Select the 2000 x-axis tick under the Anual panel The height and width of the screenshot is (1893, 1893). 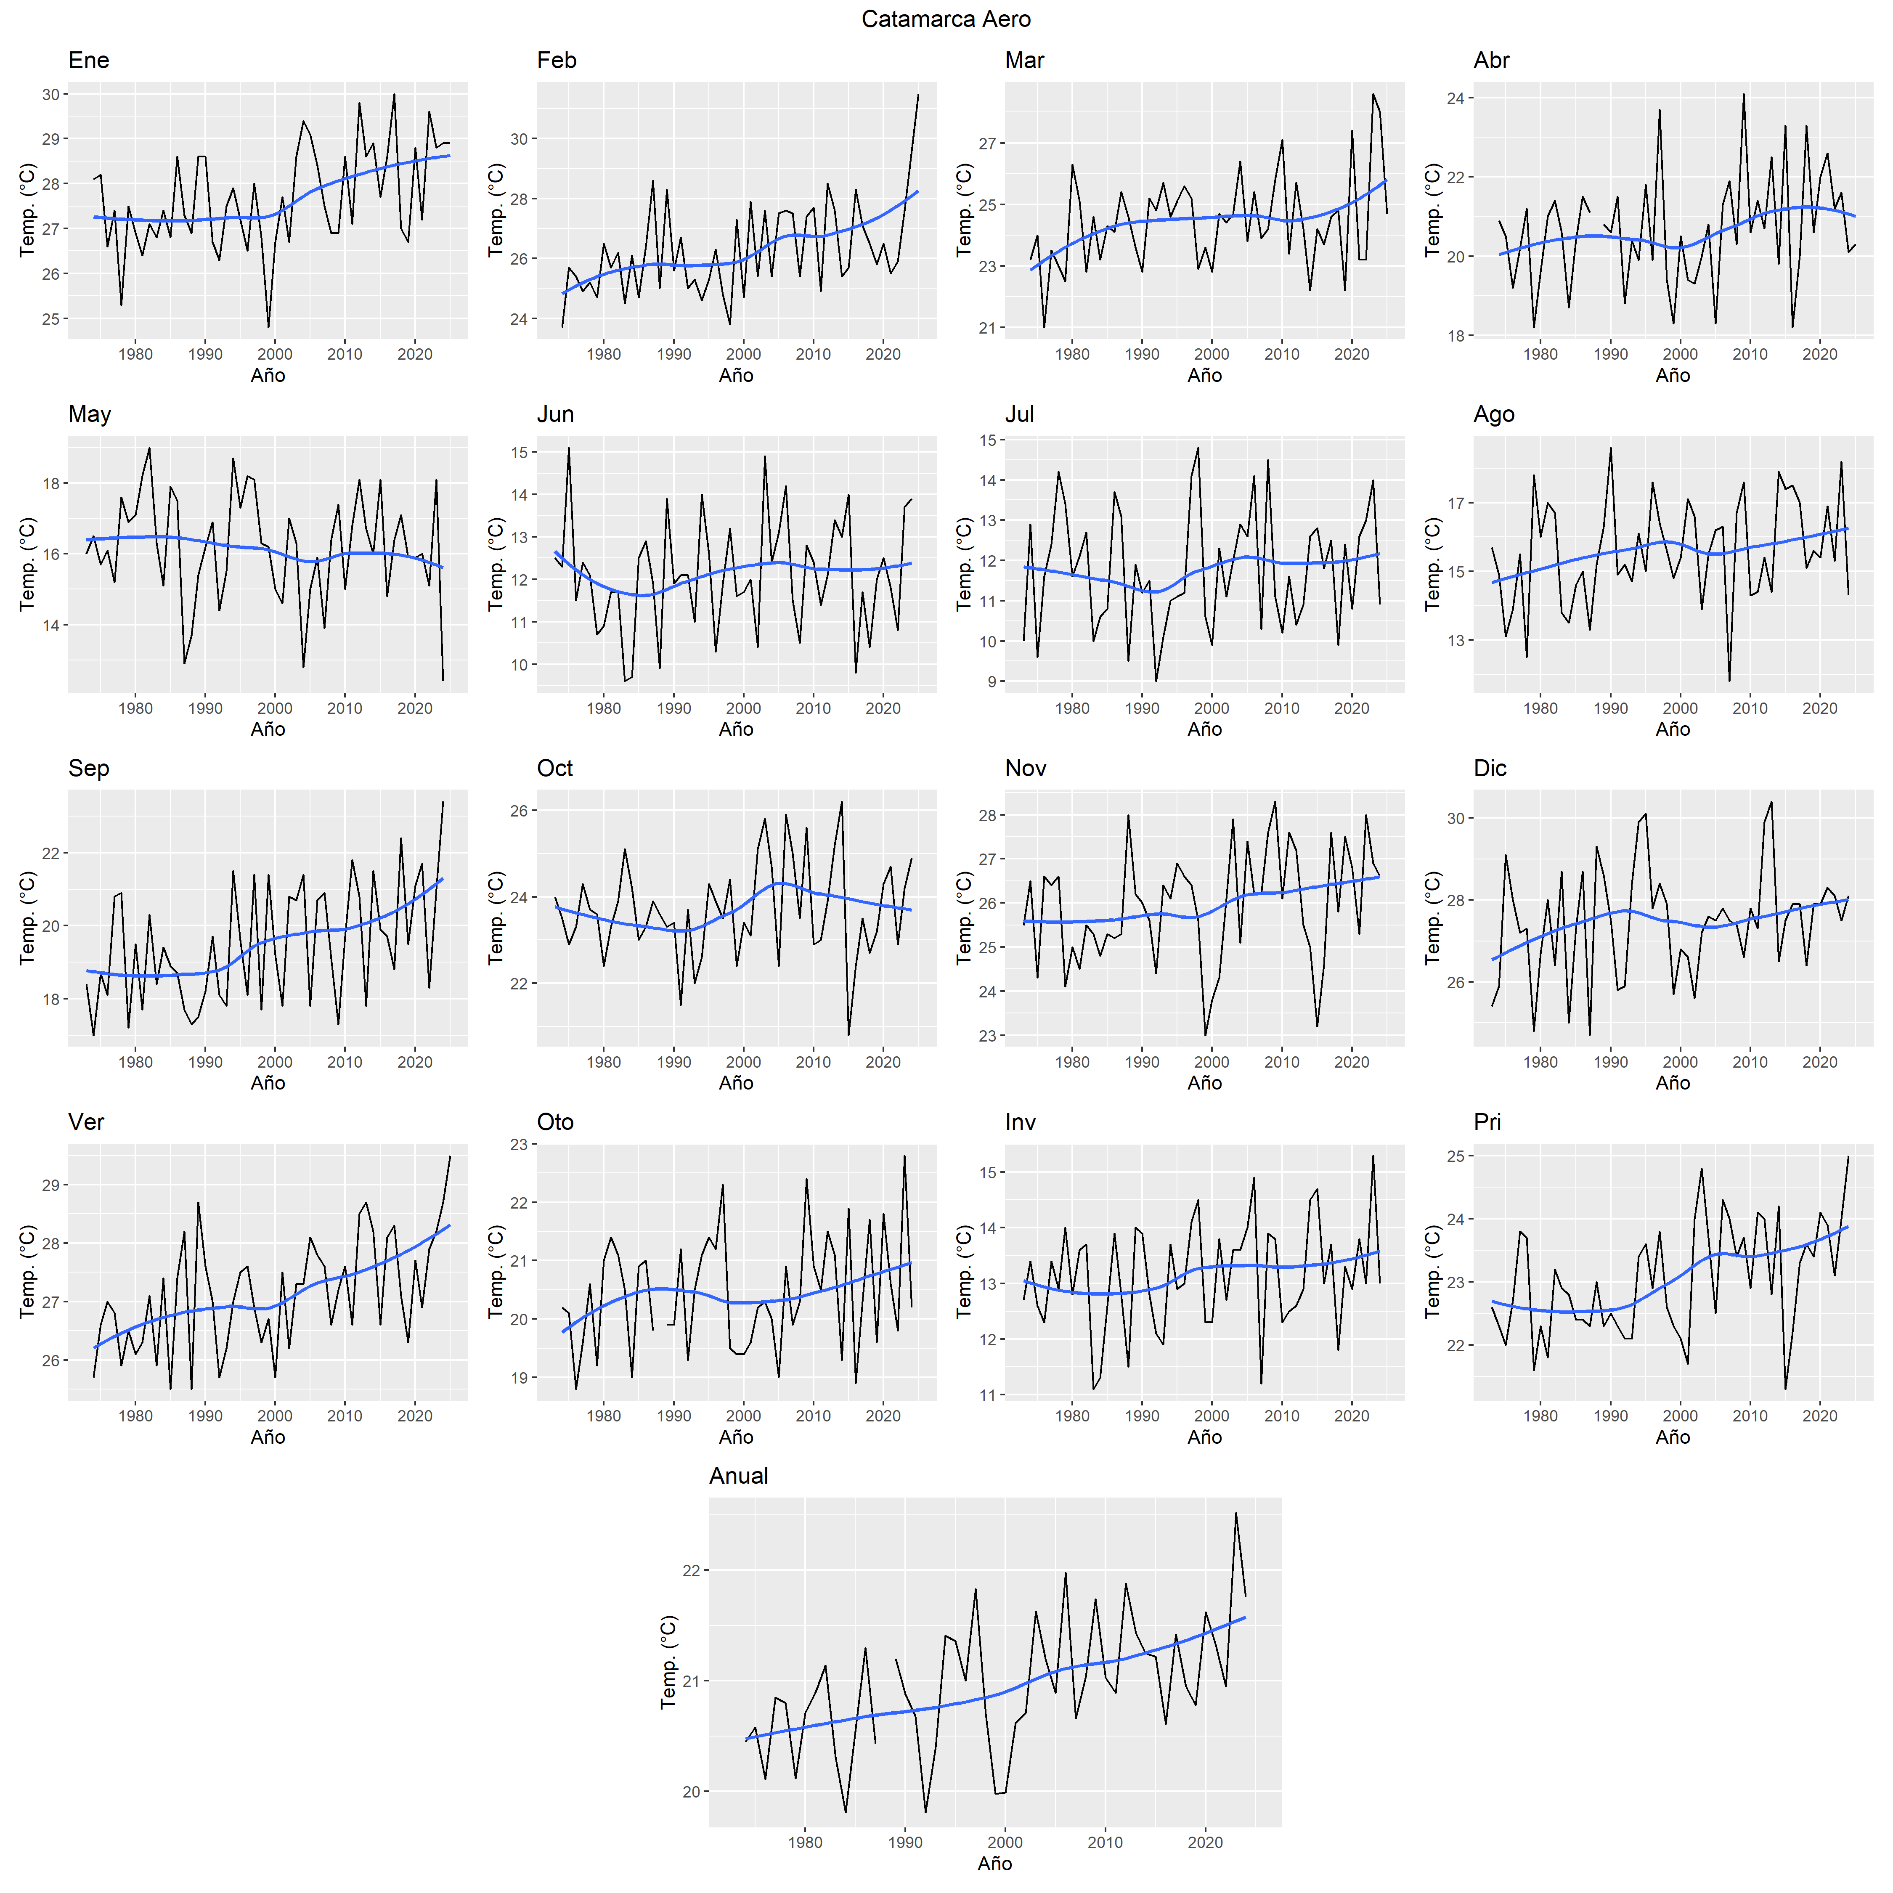coord(1005,1842)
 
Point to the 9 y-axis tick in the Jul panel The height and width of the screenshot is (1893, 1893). coord(991,682)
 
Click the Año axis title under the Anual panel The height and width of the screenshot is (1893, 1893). coord(994,1864)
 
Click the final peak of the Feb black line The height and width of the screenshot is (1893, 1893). coord(918,94)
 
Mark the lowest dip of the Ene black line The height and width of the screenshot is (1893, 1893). coord(268,327)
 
